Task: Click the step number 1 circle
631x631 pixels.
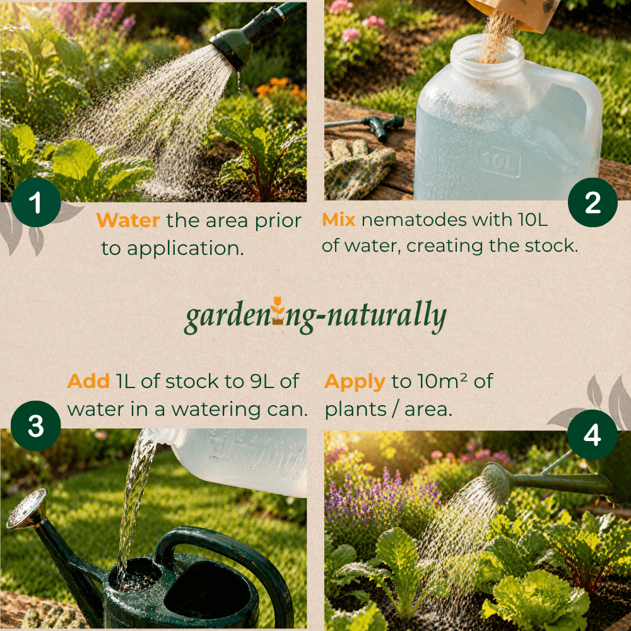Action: [x=35, y=204]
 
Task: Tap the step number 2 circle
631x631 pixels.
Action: [x=593, y=203]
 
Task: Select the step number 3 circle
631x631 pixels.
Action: [x=35, y=427]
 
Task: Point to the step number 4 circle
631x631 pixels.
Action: [x=592, y=435]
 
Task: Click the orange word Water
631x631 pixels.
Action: [x=128, y=220]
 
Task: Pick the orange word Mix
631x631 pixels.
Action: [x=339, y=220]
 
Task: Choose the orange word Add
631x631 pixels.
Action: [x=88, y=382]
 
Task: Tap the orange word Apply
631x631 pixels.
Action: [x=354, y=382]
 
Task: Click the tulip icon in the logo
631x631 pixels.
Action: [x=276, y=310]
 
